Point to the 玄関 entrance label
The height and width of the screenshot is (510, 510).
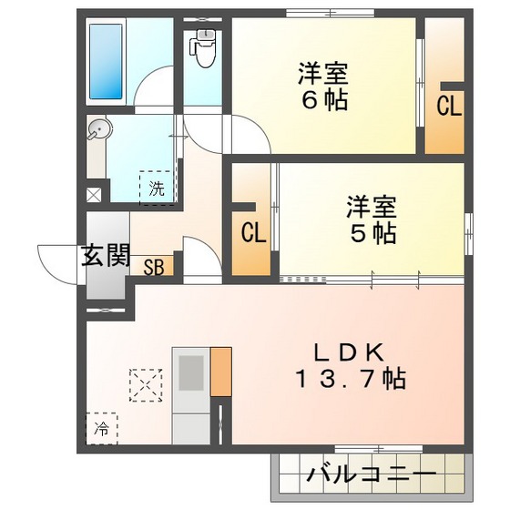pyautogui.click(x=107, y=256)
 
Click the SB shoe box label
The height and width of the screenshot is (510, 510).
pyautogui.click(x=154, y=267)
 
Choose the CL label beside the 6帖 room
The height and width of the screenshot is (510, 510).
pyautogui.click(x=448, y=106)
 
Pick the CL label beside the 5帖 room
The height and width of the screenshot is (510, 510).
pyautogui.click(x=253, y=233)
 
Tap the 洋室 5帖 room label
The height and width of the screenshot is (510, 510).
pyautogui.click(x=371, y=219)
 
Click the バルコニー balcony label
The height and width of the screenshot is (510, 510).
pyautogui.click(x=371, y=474)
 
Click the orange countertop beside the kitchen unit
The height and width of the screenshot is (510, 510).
pyautogui.click(x=220, y=371)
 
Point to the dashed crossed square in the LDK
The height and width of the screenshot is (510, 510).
pyautogui.click(x=145, y=382)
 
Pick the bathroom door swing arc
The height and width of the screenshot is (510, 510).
pyautogui.click(x=150, y=95)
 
